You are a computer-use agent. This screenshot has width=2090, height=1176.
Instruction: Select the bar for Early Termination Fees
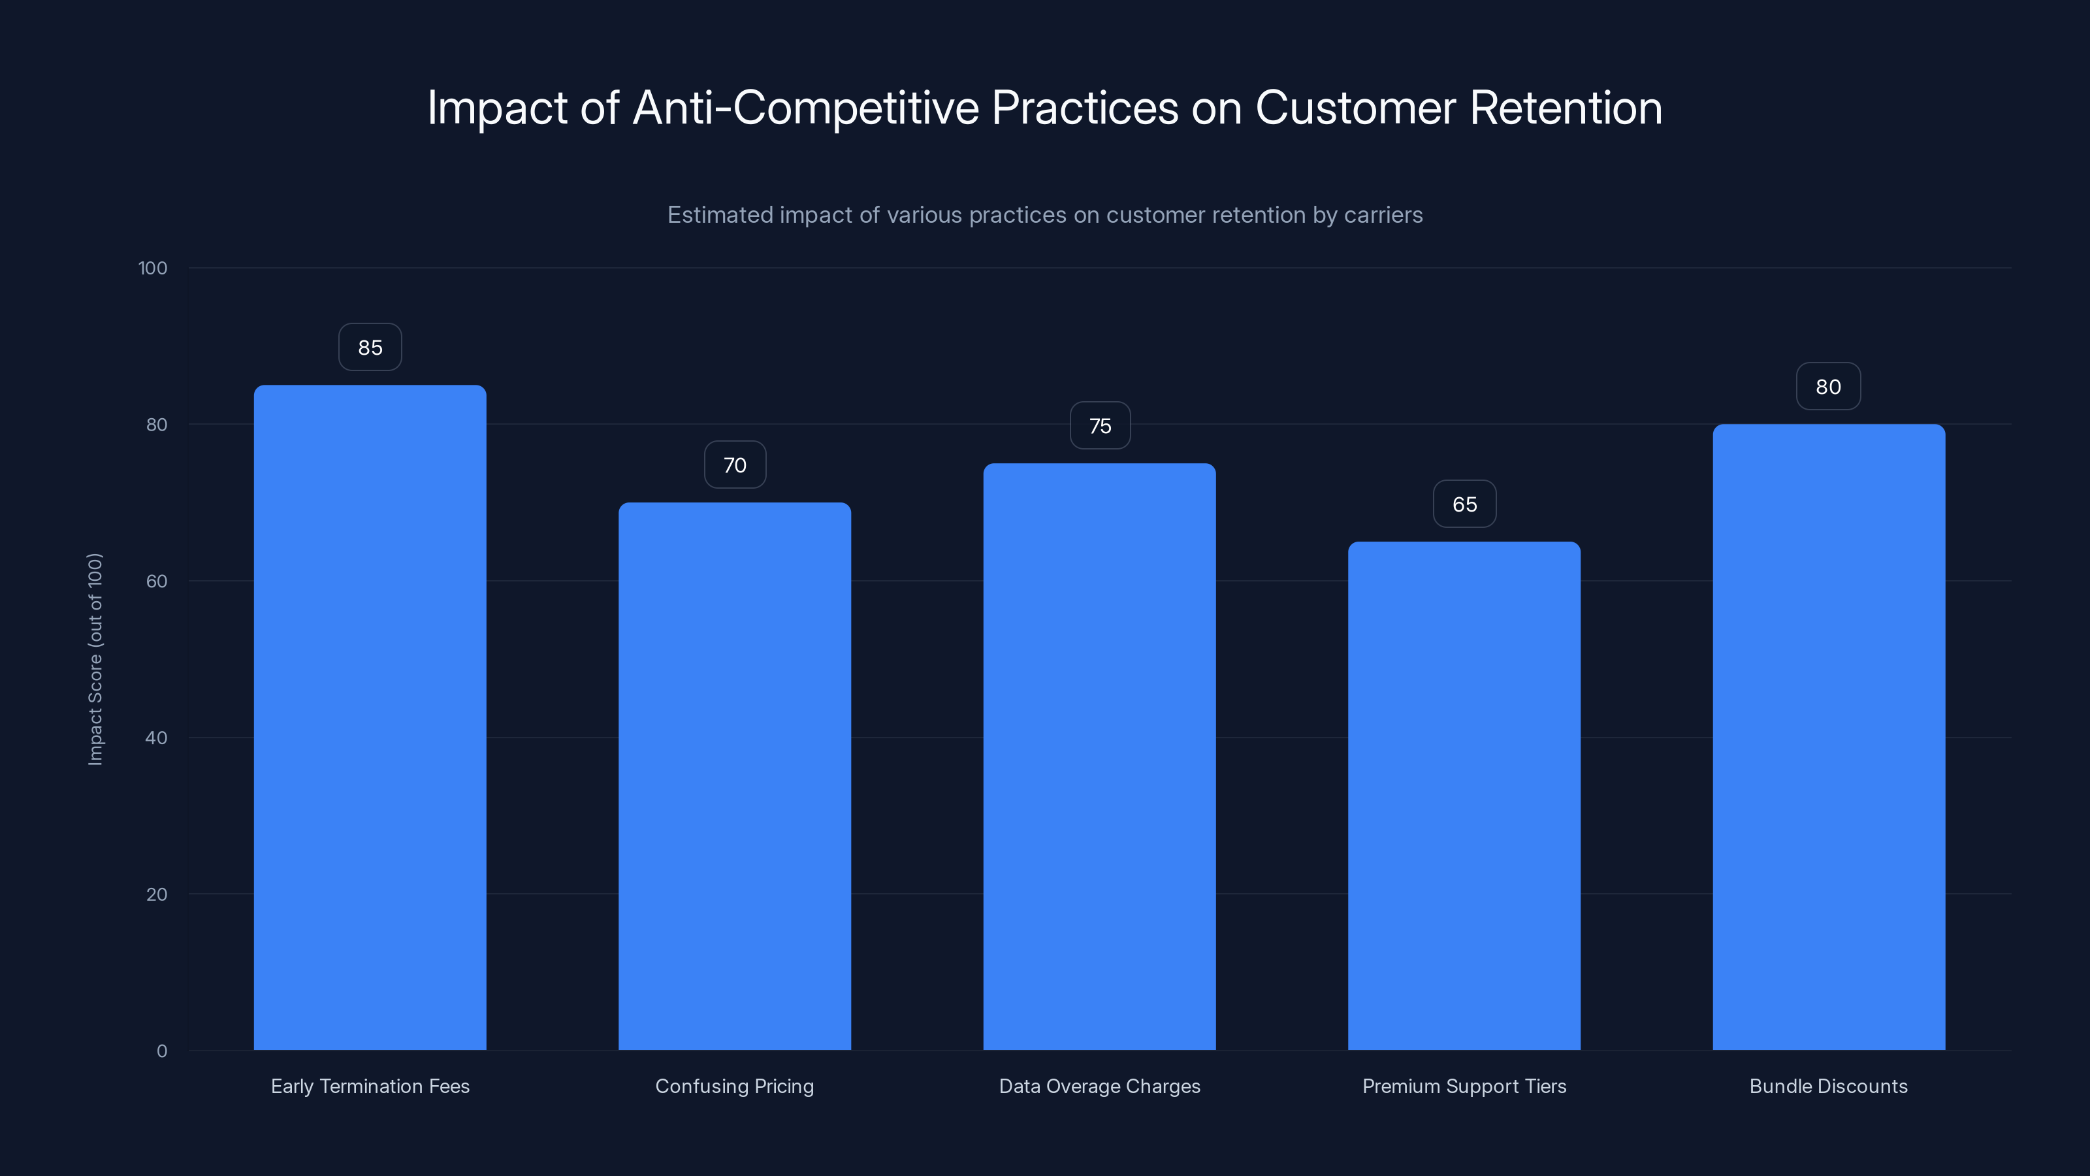[x=370, y=717]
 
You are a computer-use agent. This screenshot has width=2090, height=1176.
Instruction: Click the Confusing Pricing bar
[x=734, y=776]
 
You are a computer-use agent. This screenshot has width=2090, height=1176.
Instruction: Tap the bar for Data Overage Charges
[x=1099, y=757]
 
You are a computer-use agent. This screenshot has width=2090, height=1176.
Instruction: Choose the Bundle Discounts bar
[x=1829, y=737]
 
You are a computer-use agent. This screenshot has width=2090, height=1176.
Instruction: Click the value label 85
[x=370, y=348]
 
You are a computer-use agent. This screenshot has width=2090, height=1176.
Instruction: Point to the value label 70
[x=734, y=465]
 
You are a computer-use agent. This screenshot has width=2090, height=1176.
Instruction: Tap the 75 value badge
[x=1099, y=426]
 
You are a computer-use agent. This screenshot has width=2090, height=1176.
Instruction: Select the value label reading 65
[x=1464, y=504]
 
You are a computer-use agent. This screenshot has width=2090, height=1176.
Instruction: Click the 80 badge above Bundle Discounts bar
[x=1828, y=387]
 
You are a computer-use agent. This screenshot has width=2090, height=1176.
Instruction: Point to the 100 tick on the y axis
[x=153, y=268]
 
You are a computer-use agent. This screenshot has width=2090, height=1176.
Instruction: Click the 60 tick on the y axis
[x=157, y=581]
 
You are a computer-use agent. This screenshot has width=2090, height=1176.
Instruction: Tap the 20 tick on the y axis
[x=157, y=894]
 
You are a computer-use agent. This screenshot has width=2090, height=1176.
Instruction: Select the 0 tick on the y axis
[x=161, y=1051]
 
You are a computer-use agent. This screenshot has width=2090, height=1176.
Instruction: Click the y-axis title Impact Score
[x=95, y=659]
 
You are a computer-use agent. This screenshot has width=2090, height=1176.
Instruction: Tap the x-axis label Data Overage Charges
[x=1099, y=1086]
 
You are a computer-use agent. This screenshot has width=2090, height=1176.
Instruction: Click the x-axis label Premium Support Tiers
[x=1464, y=1086]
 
